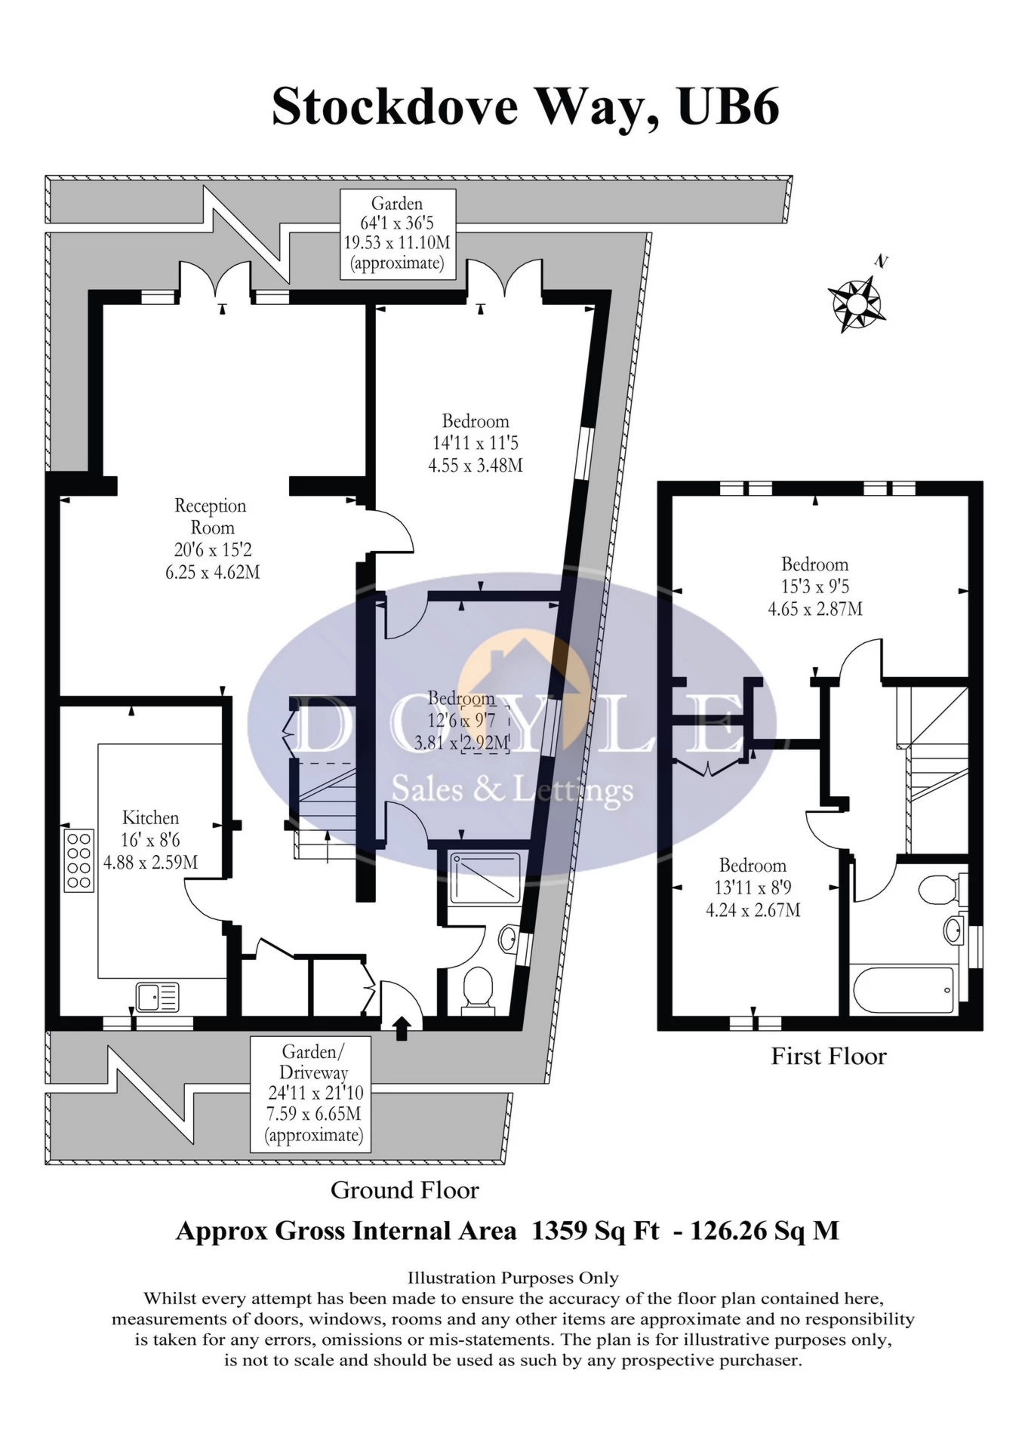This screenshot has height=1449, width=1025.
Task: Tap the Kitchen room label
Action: (150, 818)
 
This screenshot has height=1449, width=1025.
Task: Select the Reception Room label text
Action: (211, 516)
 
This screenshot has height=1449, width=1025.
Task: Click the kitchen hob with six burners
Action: (78, 860)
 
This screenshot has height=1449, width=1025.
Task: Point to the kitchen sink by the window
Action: (157, 997)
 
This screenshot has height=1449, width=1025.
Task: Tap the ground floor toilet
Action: (477, 989)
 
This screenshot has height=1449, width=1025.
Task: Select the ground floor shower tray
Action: (485, 877)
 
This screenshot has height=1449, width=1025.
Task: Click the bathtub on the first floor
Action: (903, 990)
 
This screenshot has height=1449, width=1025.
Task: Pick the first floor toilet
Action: (940, 889)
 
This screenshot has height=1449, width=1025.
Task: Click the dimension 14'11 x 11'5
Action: (476, 443)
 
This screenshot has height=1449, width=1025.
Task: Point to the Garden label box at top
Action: (398, 233)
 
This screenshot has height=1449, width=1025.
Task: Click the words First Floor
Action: (828, 1057)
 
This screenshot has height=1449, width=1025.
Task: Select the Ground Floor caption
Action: (405, 1190)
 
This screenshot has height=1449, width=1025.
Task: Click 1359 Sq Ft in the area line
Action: (595, 1231)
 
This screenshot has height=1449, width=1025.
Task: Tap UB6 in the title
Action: (728, 107)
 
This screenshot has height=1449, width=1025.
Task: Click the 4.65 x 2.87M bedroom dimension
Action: (815, 608)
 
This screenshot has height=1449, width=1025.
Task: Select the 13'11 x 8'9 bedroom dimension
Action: (753, 888)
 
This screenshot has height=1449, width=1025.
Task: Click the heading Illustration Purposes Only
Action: (512, 1278)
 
